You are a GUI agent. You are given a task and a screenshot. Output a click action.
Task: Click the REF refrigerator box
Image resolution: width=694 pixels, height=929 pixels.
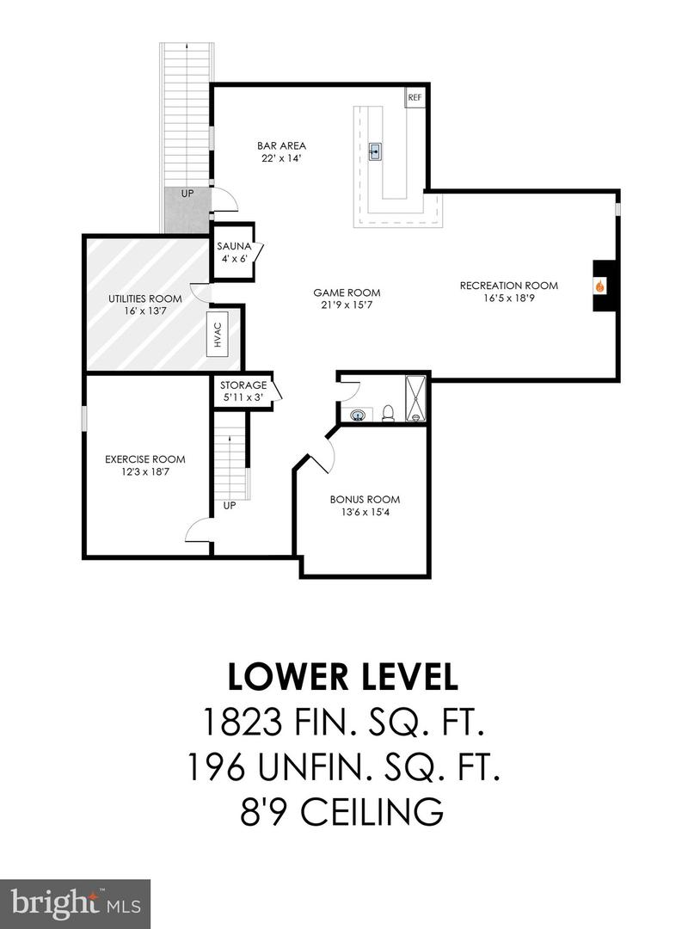tap(415, 97)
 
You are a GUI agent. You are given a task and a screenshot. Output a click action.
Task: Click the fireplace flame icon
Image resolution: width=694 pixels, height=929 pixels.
tap(601, 286)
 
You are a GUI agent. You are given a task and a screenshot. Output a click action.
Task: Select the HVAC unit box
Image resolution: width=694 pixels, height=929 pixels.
tap(218, 335)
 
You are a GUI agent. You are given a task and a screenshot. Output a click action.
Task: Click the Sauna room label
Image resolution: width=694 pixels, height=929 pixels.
tap(234, 247)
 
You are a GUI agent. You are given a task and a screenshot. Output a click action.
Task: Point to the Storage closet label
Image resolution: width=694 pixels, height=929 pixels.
tap(243, 385)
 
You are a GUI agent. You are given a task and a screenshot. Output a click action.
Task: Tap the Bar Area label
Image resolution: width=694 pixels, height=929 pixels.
tap(281, 145)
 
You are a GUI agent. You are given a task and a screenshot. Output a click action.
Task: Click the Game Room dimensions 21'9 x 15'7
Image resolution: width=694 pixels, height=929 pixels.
tap(347, 305)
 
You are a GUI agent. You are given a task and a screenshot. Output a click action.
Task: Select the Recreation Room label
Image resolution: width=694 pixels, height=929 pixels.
tap(508, 286)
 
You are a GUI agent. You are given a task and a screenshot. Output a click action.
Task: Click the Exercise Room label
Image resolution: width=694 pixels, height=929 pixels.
tap(145, 459)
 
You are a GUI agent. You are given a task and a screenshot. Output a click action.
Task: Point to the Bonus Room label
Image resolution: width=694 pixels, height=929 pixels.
tap(365, 500)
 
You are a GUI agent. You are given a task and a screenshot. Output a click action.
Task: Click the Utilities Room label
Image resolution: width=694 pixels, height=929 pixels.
tap(145, 298)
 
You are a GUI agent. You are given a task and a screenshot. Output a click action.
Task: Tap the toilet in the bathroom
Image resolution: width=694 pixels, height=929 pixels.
tap(389, 412)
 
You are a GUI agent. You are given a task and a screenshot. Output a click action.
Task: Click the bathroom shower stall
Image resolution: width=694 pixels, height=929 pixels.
tap(415, 399)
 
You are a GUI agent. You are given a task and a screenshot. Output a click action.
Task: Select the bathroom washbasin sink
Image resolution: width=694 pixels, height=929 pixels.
tap(357, 415)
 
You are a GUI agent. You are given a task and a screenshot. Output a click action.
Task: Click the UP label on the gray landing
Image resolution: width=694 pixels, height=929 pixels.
tap(187, 194)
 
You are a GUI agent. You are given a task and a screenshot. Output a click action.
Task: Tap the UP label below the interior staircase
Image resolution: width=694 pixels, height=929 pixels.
tap(229, 506)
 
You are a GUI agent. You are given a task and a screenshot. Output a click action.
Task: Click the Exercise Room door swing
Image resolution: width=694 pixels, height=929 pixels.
tap(198, 529)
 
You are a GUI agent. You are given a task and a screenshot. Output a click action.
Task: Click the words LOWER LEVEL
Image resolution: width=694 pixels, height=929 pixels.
tap(343, 677)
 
